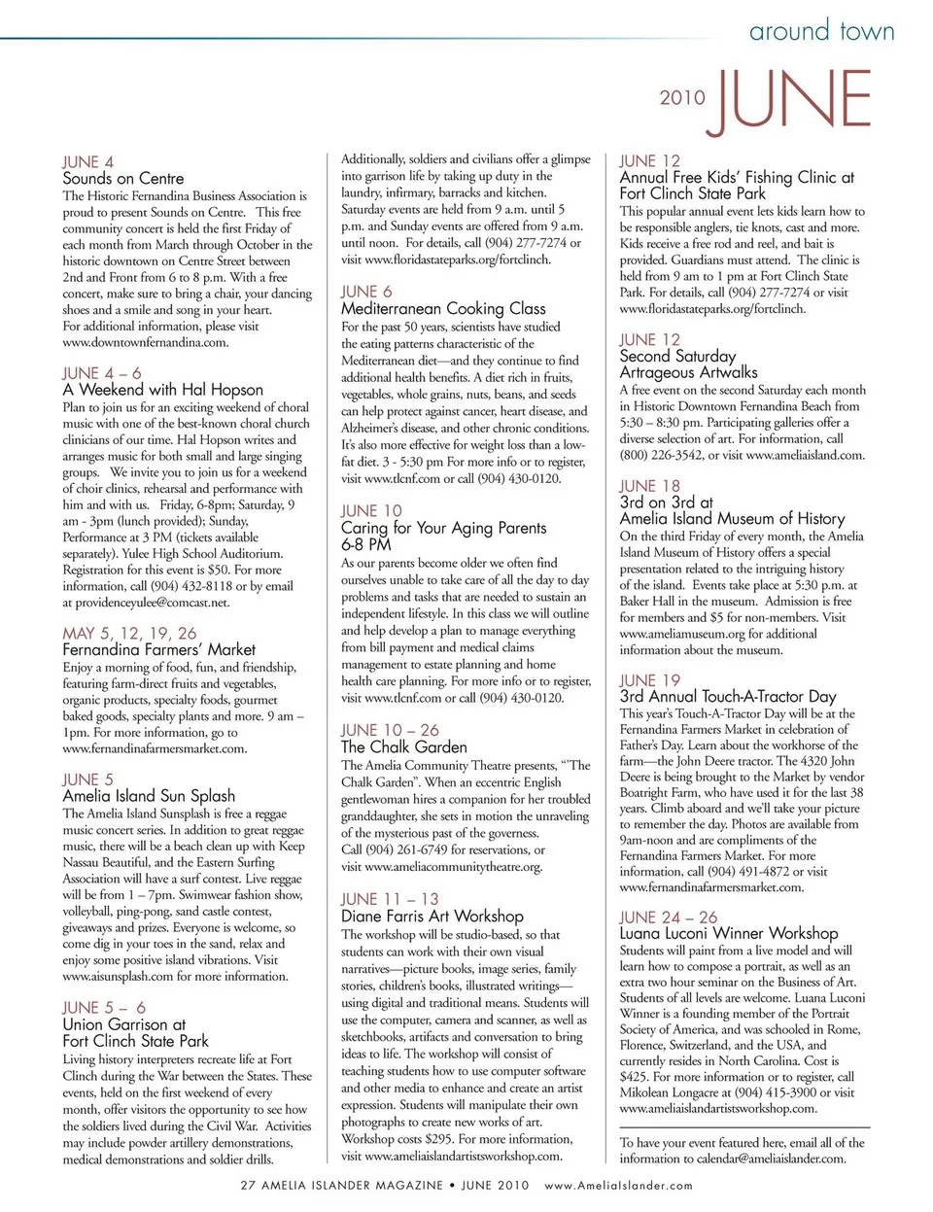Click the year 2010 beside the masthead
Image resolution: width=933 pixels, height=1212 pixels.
click(682, 97)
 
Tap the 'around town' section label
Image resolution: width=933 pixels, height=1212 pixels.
click(821, 31)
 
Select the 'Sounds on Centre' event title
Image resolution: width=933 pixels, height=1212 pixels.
click(122, 178)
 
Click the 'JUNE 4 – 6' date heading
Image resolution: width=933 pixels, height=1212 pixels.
click(102, 373)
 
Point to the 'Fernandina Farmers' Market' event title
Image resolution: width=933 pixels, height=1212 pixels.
click(158, 649)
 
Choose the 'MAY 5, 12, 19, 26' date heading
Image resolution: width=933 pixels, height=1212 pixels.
click(129, 633)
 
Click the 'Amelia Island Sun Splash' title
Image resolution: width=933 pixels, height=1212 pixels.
click(149, 795)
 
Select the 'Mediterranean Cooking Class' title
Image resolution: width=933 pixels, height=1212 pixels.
click(443, 308)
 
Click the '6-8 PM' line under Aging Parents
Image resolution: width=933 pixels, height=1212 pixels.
click(366, 544)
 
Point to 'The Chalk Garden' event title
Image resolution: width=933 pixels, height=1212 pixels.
click(403, 746)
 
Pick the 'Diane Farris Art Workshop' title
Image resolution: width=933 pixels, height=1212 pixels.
click(432, 916)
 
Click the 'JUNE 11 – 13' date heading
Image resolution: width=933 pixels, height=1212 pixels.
click(390, 899)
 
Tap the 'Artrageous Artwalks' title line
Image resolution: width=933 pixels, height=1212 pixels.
click(688, 372)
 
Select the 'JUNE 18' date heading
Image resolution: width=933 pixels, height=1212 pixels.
click(650, 486)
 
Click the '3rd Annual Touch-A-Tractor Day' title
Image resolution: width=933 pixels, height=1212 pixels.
click(727, 696)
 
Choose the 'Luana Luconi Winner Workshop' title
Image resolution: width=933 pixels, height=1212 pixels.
click(728, 933)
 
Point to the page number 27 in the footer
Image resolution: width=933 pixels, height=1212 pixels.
click(248, 1185)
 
